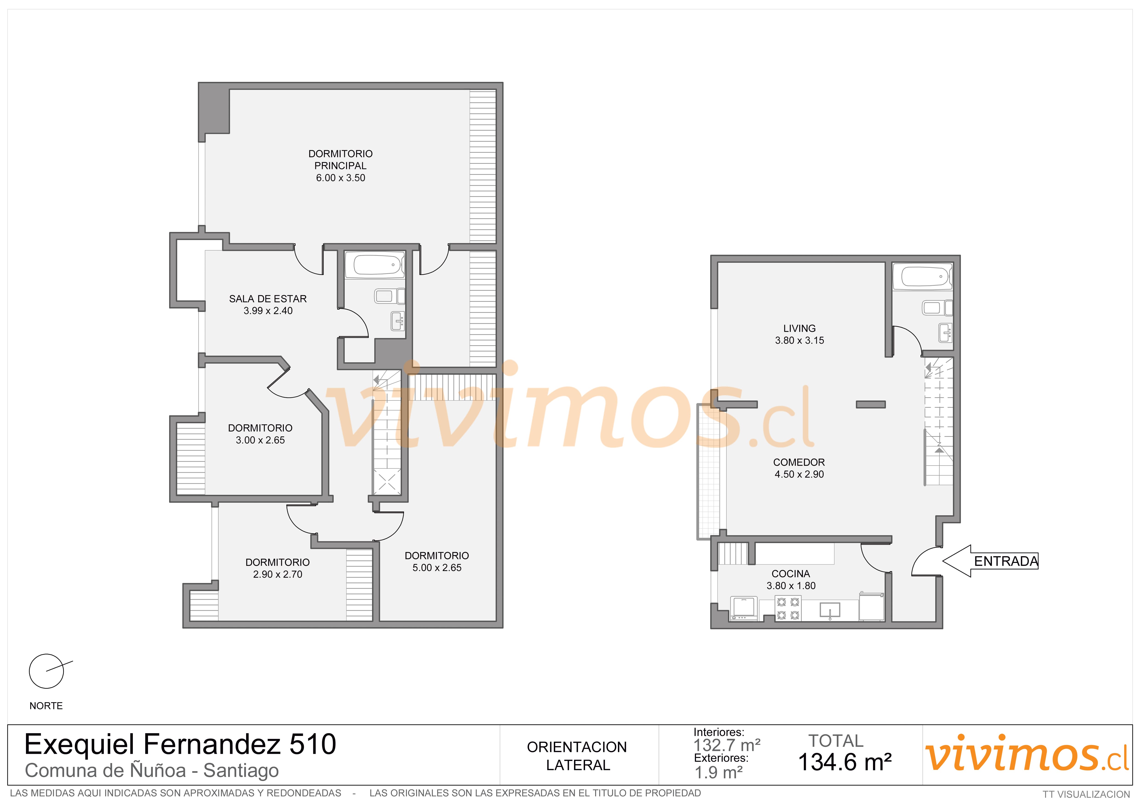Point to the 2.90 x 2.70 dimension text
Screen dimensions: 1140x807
click(278, 574)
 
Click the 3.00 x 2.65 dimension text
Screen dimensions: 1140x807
click(260, 440)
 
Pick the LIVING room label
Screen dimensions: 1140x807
click(799, 329)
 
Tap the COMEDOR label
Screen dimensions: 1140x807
click(799, 462)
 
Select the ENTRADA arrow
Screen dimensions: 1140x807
click(990, 561)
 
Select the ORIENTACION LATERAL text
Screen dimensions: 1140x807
click(577, 756)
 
